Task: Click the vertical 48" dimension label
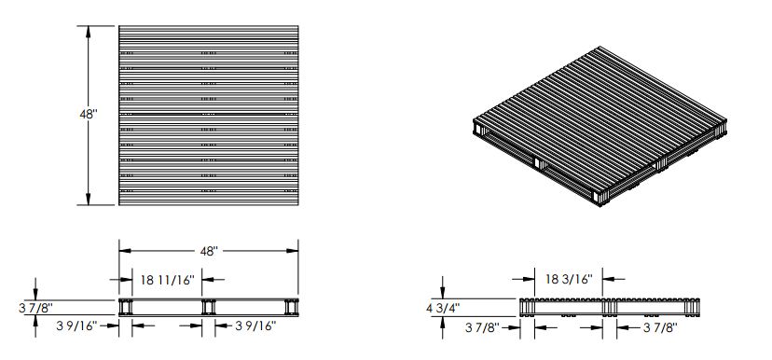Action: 89,115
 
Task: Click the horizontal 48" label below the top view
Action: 209,251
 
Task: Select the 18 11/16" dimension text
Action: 168,280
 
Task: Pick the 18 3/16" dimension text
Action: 568,279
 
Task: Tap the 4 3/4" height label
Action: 443,309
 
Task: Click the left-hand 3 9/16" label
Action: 76,325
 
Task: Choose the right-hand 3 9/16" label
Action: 255,325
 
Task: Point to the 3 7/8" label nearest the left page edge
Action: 36,309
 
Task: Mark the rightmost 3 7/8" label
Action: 661,327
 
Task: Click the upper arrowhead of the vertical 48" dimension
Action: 89,32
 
